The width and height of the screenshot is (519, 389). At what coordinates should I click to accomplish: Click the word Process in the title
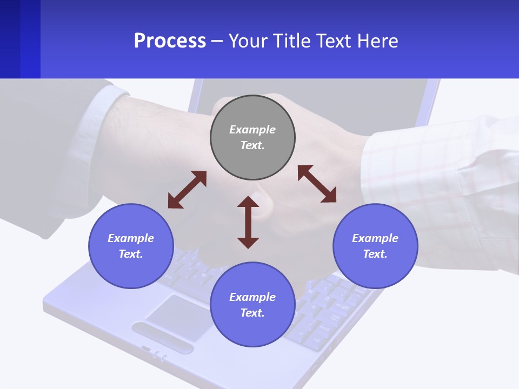coord(170,41)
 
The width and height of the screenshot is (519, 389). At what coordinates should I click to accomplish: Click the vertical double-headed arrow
coord(248,222)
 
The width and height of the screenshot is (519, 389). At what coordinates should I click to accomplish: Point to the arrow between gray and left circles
coord(187,190)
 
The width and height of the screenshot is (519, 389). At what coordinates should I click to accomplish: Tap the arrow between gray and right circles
coord(317,184)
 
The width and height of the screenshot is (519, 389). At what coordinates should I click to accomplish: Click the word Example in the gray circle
coord(252,130)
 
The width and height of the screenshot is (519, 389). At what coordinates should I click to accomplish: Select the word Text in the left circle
coord(131,254)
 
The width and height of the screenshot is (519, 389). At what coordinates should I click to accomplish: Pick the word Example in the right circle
coord(375,238)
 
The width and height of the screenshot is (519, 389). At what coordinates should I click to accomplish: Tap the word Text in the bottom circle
coord(252,313)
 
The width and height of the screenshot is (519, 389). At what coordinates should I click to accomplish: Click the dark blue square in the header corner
coord(20,39)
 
